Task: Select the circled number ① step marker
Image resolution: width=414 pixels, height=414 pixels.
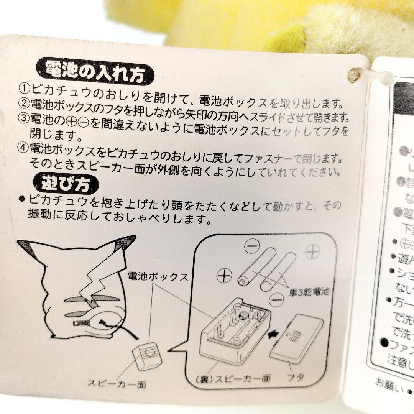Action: tap(25, 89)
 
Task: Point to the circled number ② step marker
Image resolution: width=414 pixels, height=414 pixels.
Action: tap(25, 103)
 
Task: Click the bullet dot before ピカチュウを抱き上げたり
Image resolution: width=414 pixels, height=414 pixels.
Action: tap(21, 199)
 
